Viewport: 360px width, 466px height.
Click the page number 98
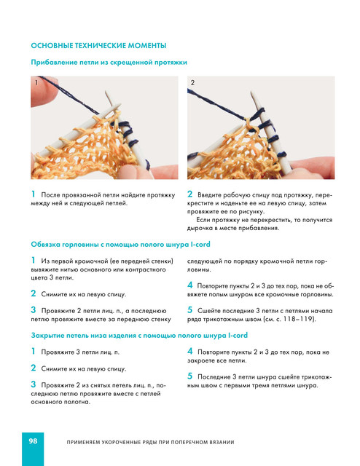pyautogui.click(x=33, y=441)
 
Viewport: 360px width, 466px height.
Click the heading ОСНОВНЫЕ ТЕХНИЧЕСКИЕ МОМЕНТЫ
pyautogui.click(x=98, y=45)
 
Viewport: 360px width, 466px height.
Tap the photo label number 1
pyautogui.click(x=36, y=82)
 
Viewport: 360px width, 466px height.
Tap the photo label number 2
pyautogui.click(x=192, y=82)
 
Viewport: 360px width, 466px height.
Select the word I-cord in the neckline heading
pyautogui.click(x=200, y=245)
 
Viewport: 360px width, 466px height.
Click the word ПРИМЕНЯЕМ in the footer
pyautogui.click(x=82, y=442)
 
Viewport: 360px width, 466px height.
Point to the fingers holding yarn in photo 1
pyautogui.click(x=43, y=90)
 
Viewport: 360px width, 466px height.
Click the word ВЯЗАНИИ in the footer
pyautogui.click(x=222, y=442)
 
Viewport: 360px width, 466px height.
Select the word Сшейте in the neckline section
pyautogui.click(x=208, y=311)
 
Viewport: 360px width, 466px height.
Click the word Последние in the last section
pyautogui.click(x=213, y=377)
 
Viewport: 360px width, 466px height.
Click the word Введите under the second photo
pyautogui.click(x=209, y=195)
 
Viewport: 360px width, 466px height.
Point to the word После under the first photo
pyautogui.click(x=50, y=195)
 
